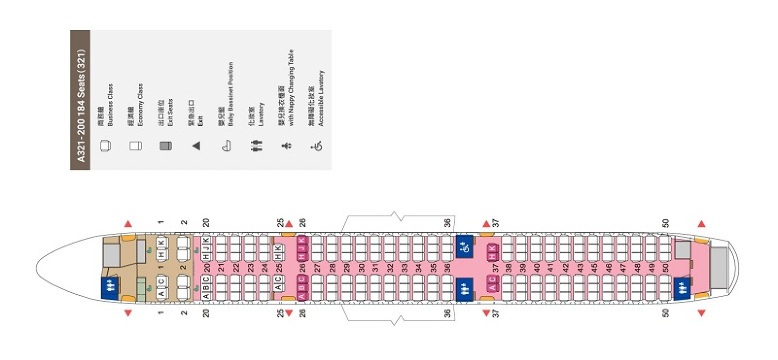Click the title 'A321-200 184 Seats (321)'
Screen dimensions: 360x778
(80, 100)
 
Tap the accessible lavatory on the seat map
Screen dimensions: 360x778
(464, 245)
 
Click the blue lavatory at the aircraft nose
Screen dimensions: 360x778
(111, 289)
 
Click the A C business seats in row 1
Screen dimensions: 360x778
(162, 284)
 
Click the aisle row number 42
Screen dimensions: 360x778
(565, 268)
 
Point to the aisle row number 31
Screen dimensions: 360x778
(375, 268)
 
